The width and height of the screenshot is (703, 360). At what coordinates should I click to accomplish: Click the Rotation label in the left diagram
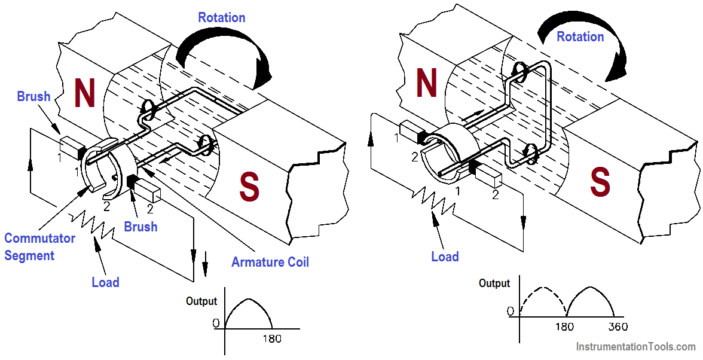click(222, 17)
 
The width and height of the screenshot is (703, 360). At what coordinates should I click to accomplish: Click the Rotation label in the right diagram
click(580, 36)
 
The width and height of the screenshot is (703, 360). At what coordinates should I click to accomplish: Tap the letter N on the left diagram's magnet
click(84, 94)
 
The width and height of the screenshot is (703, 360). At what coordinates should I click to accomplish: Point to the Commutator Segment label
click(39, 247)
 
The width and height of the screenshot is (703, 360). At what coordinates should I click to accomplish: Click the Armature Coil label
click(270, 262)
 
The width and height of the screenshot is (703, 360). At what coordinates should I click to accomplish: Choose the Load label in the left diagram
click(105, 282)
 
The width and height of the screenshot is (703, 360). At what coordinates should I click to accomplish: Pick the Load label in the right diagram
click(445, 257)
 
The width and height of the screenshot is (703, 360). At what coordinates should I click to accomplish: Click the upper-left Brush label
click(33, 96)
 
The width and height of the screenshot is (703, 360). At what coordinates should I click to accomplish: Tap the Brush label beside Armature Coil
click(140, 227)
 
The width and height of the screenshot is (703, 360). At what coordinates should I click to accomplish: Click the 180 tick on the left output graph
click(271, 339)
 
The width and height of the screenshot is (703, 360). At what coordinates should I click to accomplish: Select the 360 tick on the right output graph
click(618, 327)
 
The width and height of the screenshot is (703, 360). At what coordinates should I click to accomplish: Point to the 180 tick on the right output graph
click(564, 327)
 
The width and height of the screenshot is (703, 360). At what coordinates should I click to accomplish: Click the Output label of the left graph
click(201, 301)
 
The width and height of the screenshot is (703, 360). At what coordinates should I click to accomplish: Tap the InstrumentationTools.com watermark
click(635, 346)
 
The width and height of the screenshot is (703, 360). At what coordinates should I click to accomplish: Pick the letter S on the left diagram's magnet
click(249, 187)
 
